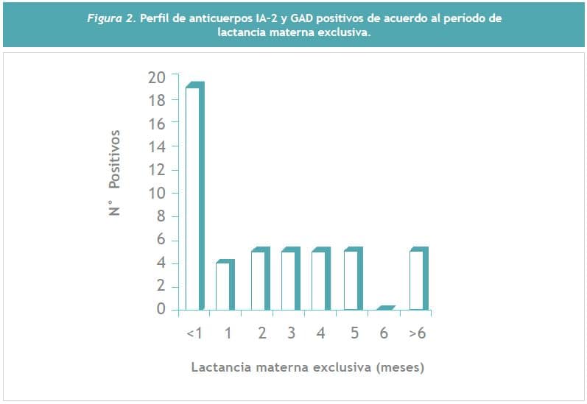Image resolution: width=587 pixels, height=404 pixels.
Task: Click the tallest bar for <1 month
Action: pyautogui.click(x=194, y=197)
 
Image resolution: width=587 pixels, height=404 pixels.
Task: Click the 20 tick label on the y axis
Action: pyautogui.click(x=157, y=77)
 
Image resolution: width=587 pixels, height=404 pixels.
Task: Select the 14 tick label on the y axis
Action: pyautogui.click(x=157, y=146)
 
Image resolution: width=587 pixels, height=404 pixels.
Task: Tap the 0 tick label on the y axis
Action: pyautogui.click(x=161, y=310)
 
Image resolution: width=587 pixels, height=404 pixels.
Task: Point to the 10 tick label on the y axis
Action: pyautogui.click(x=157, y=194)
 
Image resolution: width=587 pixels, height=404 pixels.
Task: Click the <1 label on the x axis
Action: pyautogui.click(x=194, y=333)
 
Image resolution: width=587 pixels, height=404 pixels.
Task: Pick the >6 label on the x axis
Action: pyautogui.click(x=418, y=333)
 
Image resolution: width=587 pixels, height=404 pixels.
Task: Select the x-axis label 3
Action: pyautogui.click(x=292, y=333)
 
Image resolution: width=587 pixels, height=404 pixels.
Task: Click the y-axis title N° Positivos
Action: pyautogui.click(x=115, y=172)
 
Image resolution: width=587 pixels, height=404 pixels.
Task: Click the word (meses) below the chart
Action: pyautogui.click(x=400, y=366)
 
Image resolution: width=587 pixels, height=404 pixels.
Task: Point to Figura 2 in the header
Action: pyautogui.click(x=111, y=18)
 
